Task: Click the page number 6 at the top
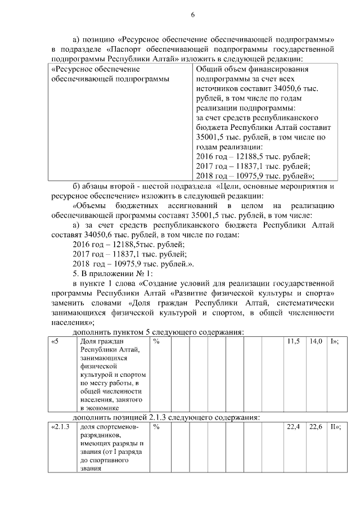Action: click(192, 15)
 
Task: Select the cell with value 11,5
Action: click(293, 341)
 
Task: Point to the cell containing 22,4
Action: click(293, 427)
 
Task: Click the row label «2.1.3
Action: click(60, 427)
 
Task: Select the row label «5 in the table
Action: click(55, 341)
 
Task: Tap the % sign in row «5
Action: click(156, 341)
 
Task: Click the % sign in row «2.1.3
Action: click(156, 427)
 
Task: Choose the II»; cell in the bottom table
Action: click(336, 427)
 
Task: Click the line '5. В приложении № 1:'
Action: click(105, 274)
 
